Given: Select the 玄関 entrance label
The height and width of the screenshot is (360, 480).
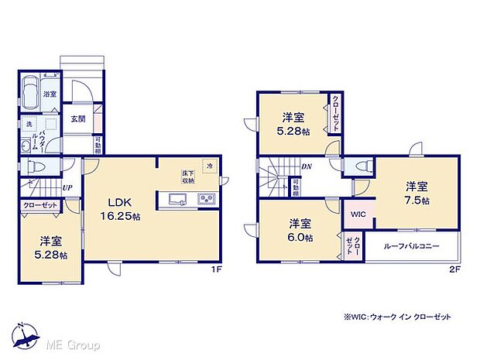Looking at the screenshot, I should pyautogui.click(x=78, y=118).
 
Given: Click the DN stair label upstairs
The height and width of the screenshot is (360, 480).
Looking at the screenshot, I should pyautogui.click(x=307, y=166).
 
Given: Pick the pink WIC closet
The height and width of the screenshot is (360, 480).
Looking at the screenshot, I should pyautogui.click(x=358, y=214).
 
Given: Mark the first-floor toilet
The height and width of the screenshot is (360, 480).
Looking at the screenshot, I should pyautogui.click(x=36, y=166).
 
